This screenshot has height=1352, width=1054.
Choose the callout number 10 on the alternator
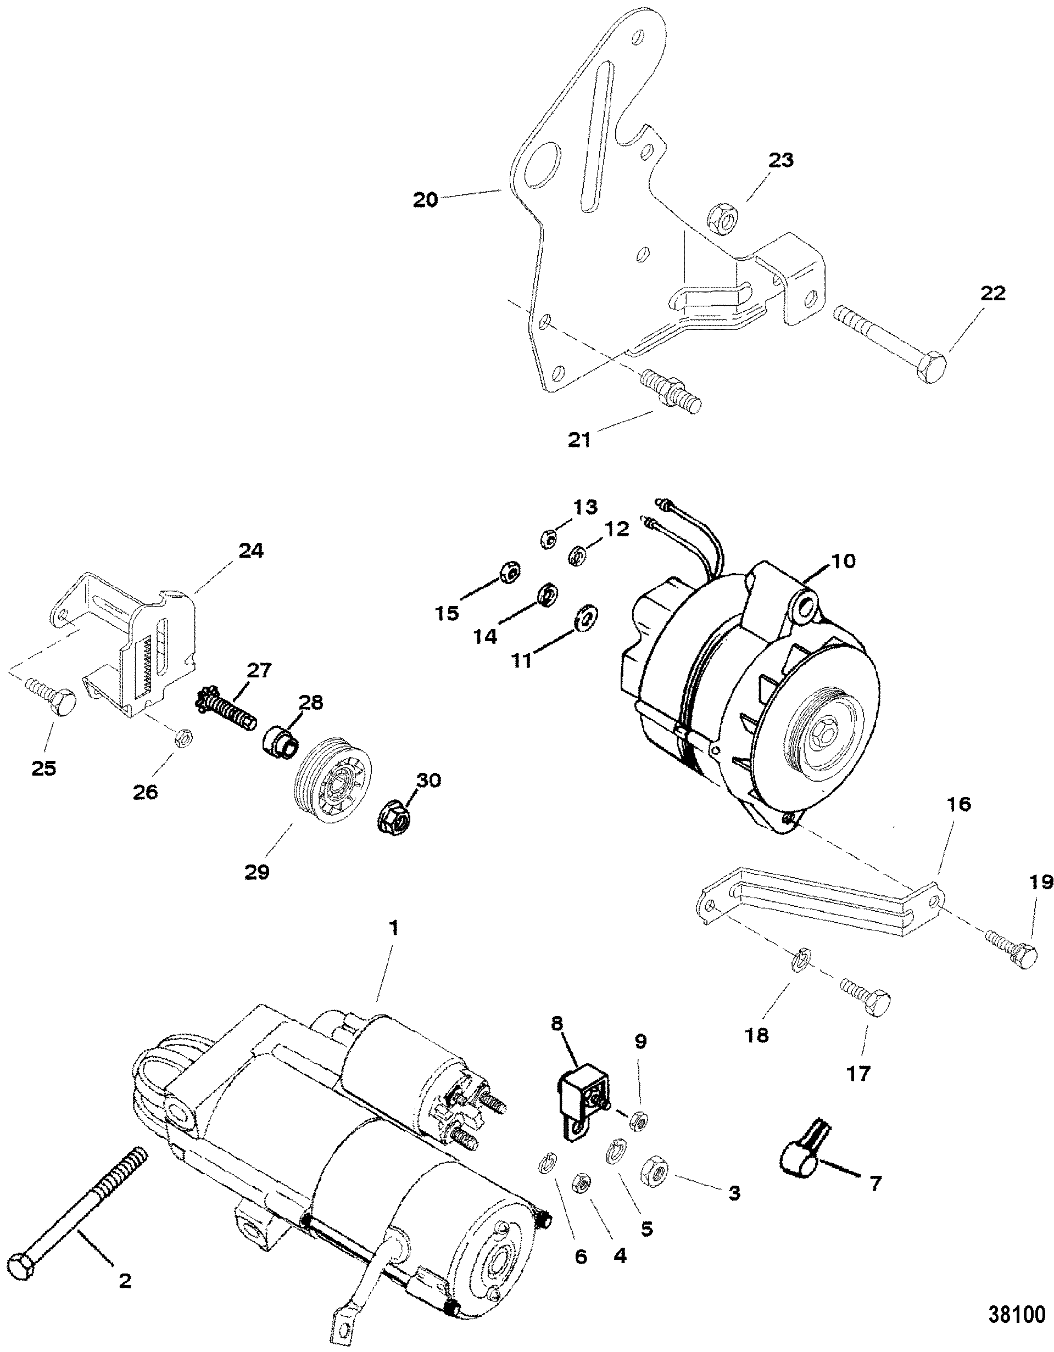pos(840,561)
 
